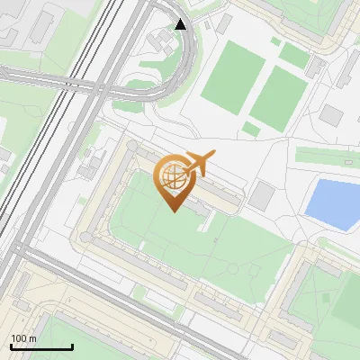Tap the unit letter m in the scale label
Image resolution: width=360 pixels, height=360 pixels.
[x=33, y=338]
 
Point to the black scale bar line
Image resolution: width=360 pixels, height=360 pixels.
[x=40, y=346]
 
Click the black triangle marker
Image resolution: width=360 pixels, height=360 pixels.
[x=181, y=24]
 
